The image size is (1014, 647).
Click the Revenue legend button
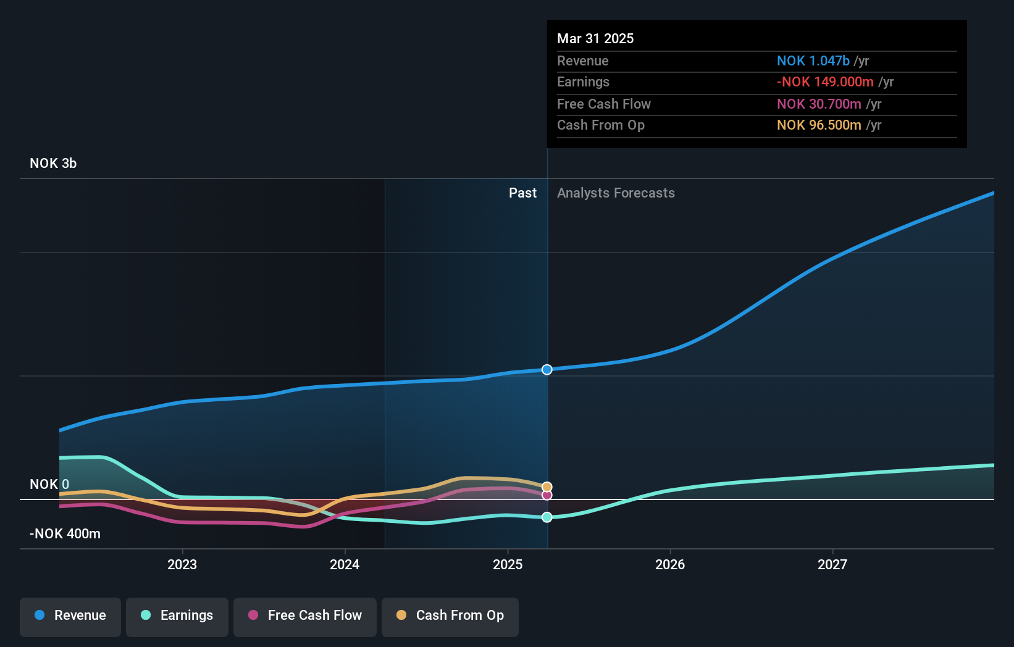point(70,616)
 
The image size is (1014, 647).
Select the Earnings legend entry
point(177,616)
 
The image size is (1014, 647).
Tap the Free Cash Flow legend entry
point(305,616)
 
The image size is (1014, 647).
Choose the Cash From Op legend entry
point(450,616)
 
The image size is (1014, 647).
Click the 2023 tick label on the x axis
point(182,564)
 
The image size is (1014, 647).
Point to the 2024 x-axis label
point(345,564)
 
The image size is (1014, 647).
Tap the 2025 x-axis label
point(508,564)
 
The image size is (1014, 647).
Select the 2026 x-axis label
point(670,564)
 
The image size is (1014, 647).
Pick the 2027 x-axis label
point(832,564)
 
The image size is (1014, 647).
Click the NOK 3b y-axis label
point(53,164)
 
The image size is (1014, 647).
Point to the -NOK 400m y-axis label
point(65,534)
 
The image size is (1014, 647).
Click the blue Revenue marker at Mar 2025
point(547,370)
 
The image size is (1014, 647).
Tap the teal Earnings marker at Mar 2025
point(547,517)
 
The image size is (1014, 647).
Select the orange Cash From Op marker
point(547,487)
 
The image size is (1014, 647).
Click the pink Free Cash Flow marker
point(547,495)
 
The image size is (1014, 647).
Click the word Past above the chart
point(522,193)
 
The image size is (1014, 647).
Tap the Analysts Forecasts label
point(616,193)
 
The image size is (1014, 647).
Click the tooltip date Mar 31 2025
point(595,39)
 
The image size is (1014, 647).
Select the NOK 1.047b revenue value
point(813,61)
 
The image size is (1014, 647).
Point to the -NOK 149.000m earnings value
point(825,82)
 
